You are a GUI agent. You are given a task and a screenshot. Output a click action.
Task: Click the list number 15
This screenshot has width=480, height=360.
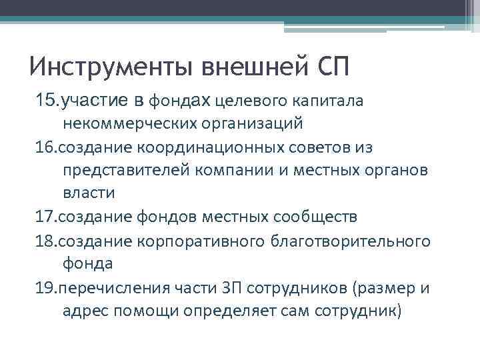[47, 101]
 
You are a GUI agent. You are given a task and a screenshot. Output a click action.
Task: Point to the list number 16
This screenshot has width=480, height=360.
[47, 147]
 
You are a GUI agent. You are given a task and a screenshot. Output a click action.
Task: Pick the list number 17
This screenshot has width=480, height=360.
[47, 217]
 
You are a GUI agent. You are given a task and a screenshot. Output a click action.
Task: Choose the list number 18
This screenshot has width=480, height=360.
[47, 240]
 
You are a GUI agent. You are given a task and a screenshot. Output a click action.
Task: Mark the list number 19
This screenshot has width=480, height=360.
[47, 287]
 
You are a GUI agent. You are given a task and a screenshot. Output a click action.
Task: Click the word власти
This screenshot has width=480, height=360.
[89, 193]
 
